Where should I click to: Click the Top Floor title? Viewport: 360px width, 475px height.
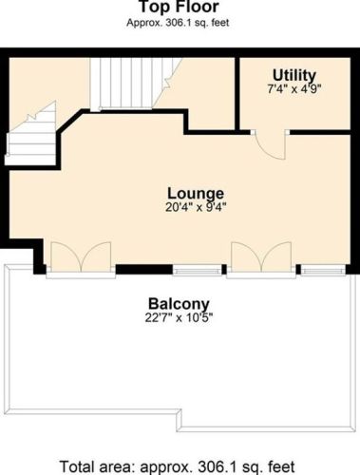coord(180,7)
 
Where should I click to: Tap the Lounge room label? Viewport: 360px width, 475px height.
coord(196,194)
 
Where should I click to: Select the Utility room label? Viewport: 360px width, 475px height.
coord(294,75)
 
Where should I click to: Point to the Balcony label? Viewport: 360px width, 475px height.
coord(179,304)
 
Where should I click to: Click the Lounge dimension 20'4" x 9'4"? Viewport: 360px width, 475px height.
coord(197,207)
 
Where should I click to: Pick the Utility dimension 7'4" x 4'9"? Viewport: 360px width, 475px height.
coord(294,89)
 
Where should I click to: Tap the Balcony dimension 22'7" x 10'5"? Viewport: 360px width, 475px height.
coord(179,317)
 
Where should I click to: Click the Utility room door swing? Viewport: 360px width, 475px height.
coord(271,145)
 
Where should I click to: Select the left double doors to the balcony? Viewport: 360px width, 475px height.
coord(81,257)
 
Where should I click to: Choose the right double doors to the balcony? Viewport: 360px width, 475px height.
coord(261,257)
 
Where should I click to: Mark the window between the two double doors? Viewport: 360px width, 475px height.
coord(197,270)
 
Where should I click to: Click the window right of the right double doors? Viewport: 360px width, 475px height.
coord(323,270)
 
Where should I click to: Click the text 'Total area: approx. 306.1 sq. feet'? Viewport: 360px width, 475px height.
coord(178,466)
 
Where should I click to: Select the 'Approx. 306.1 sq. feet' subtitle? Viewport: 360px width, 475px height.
coord(178,23)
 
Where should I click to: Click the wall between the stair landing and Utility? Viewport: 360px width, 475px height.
coord(237,94)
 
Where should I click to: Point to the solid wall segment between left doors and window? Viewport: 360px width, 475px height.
coord(144,269)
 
